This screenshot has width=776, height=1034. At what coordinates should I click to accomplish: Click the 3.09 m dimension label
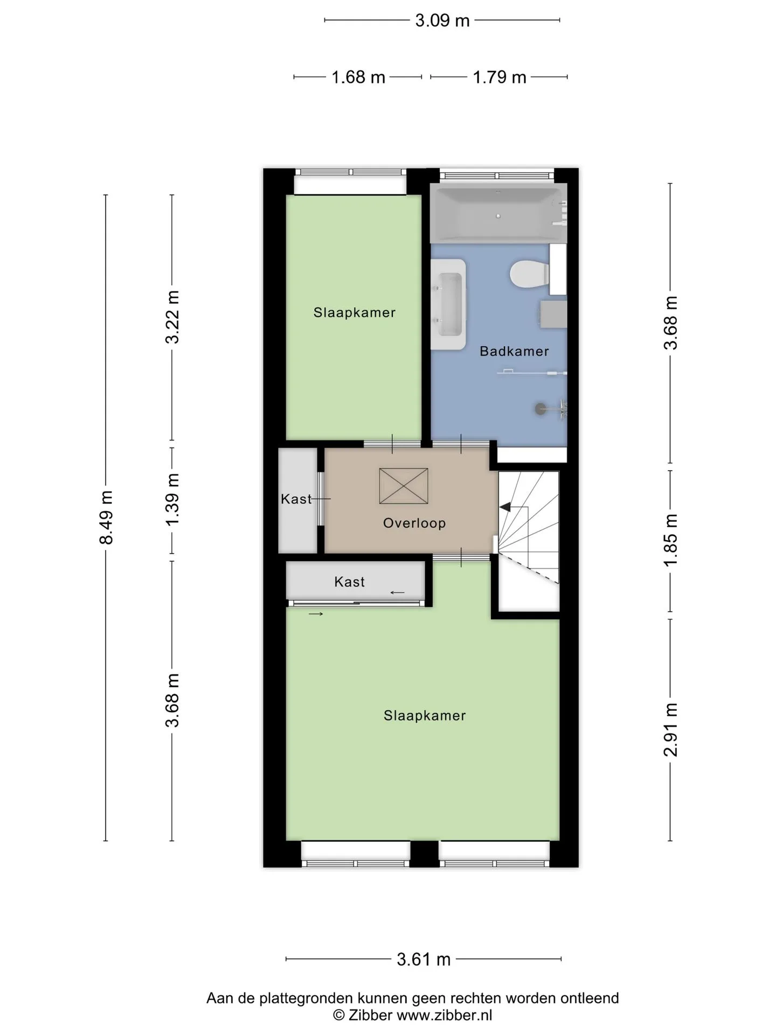point(442,20)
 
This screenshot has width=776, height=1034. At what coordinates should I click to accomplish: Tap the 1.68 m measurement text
point(358,78)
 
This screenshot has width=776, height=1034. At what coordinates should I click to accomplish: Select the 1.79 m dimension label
point(500,78)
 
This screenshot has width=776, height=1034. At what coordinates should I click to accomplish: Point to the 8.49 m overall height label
point(106,517)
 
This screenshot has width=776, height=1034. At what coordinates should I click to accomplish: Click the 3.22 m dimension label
point(172,317)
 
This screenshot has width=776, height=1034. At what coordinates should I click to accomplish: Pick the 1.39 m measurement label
point(172,500)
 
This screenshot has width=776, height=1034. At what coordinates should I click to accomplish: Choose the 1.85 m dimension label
point(670,540)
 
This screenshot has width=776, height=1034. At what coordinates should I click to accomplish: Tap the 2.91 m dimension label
point(670,730)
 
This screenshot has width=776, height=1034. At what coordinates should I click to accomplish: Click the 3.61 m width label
point(424,959)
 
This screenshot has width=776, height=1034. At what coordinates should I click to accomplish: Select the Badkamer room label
point(514,352)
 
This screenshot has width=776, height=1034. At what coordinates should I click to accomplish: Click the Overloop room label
point(414,523)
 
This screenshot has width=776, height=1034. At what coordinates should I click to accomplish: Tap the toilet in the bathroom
point(530,274)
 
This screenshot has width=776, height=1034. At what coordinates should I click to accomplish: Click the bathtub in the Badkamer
point(498,213)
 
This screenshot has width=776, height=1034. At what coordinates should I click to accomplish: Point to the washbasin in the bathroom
point(448,304)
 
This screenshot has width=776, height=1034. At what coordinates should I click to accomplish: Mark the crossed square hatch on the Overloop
point(404,486)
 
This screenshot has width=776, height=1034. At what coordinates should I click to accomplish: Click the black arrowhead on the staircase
point(505,507)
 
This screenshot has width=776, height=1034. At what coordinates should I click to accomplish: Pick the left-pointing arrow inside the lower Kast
point(398,593)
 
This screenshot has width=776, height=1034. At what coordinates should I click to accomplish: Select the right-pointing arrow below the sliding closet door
point(316,614)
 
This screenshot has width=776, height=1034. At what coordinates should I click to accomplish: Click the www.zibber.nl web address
point(445,1016)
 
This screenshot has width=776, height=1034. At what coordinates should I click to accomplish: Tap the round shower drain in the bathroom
point(540,409)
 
